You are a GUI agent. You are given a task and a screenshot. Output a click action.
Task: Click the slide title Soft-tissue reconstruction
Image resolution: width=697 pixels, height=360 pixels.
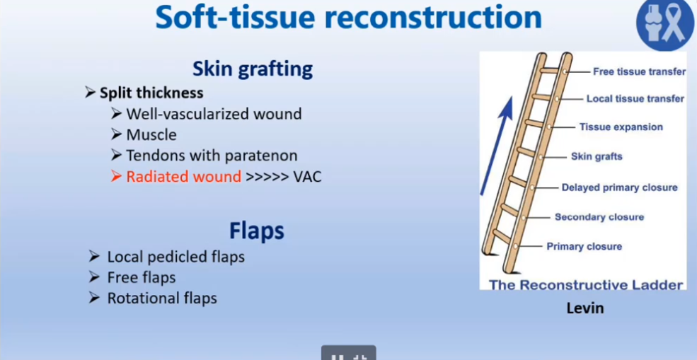point(348,18)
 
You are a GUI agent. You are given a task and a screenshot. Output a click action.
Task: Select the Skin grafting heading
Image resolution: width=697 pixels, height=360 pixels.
point(253,69)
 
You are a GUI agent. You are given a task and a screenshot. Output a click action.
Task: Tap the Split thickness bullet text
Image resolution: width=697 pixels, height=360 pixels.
point(151,93)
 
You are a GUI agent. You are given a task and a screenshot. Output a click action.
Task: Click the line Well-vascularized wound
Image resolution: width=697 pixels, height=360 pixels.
point(214,114)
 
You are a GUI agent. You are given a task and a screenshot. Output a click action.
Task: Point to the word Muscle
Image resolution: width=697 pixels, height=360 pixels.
point(151,134)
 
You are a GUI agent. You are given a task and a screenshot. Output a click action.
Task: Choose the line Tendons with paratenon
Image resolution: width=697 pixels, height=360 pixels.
point(212,156)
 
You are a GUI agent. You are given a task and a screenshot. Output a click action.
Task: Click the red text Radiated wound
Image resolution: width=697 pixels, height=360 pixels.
point(183,176)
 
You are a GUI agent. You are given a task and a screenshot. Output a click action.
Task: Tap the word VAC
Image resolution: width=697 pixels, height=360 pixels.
point(307,177)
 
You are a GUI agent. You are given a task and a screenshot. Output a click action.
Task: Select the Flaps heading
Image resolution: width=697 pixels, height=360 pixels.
point(256,231)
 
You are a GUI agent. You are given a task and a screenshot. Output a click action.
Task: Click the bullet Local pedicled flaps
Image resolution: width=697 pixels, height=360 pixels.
point(176,257)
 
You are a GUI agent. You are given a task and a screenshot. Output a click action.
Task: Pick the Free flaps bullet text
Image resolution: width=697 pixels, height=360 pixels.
point(142,278)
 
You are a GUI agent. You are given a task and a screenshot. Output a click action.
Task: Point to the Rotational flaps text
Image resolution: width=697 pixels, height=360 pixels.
point(162,298)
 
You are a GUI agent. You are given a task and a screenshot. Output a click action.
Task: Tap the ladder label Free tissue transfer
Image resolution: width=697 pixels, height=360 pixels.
point(639,71)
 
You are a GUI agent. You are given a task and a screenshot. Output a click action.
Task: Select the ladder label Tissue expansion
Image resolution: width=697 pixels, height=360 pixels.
point(621,127)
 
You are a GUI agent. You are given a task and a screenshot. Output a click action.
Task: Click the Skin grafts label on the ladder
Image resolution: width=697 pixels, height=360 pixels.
point(597,156)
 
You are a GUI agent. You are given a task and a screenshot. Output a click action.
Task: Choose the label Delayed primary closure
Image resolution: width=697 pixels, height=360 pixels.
point(620,187)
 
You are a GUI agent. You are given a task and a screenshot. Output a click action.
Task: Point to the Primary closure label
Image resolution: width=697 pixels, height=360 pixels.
point(584,246)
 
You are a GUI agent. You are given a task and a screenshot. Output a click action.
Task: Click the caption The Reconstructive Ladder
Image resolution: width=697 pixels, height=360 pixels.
point(586,284)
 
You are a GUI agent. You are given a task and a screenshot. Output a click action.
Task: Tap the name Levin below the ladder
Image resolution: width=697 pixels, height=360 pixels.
point(585,308)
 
